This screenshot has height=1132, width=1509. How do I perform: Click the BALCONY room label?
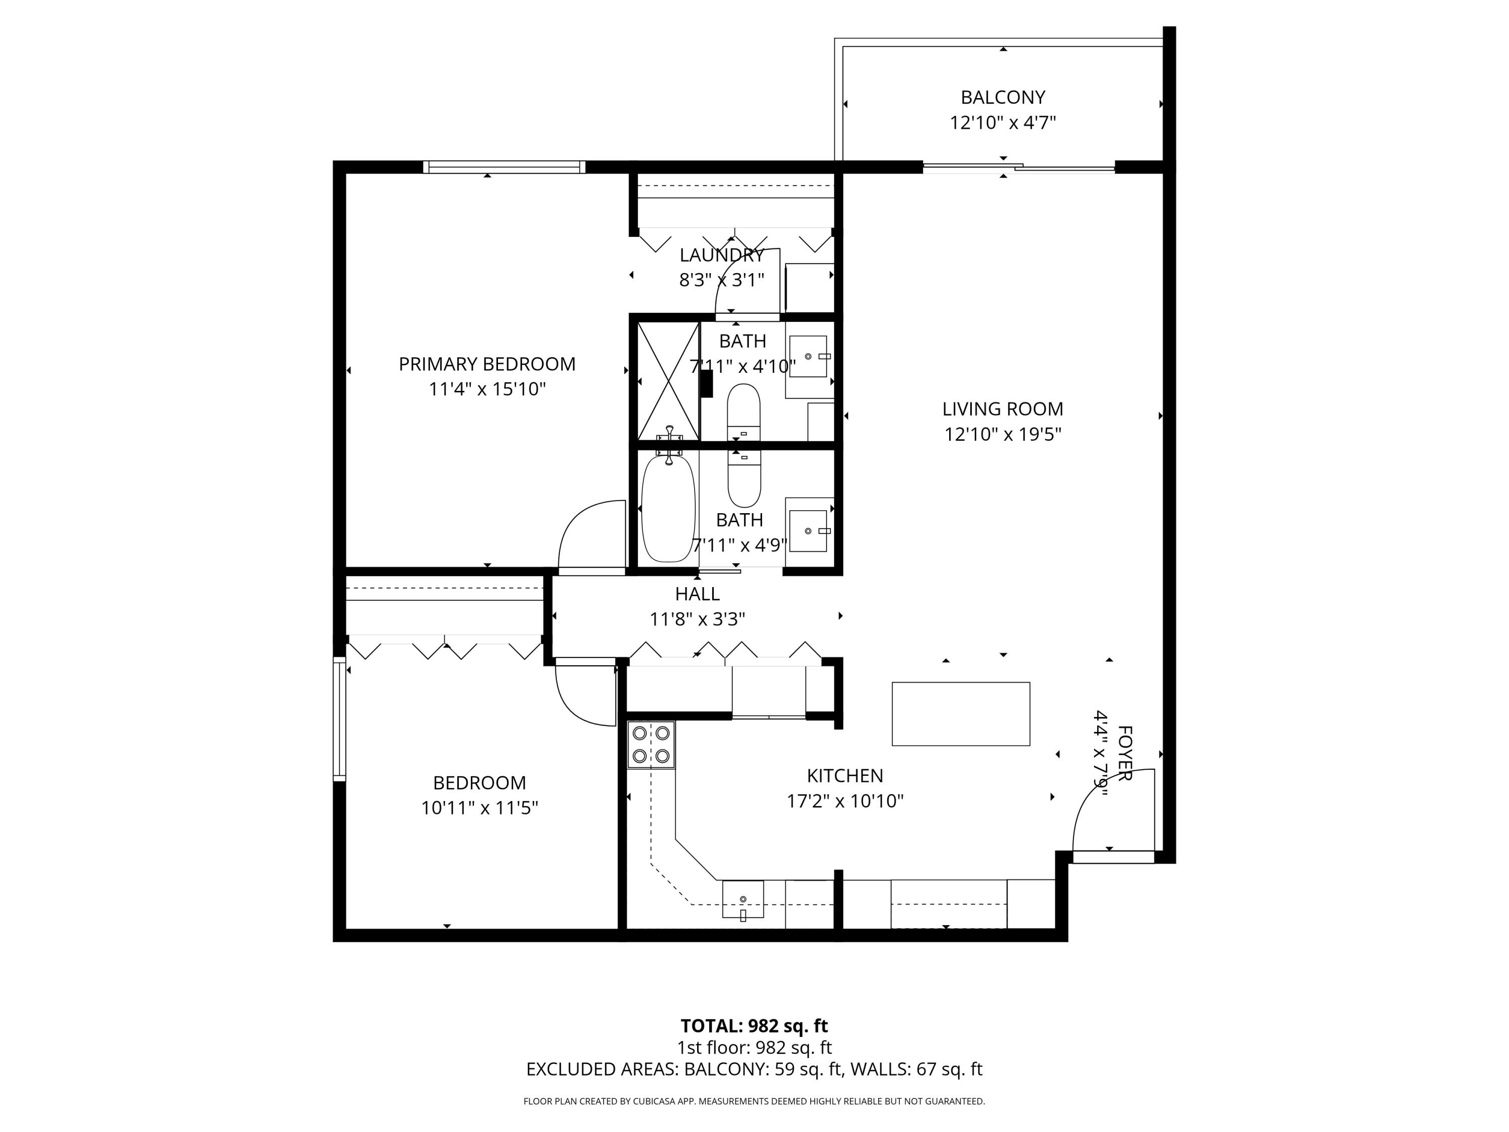pyautogui.click(x=1003, y=98)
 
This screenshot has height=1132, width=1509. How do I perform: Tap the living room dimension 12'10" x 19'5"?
pyautogui.click(x=1003, y=434)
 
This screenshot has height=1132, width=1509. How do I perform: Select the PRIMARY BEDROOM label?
pyautogui.click(x=487, y=364)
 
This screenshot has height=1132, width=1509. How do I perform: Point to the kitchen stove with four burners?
pyautogui.click(x=651, y=745)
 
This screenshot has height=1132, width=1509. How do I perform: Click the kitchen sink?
pyautogui.click(x=743, y=900)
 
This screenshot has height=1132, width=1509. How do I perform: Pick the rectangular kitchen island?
pyautogui.click(x=961, y=714)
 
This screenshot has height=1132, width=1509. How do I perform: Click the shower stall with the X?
pyautogui.click(x=668, y=381)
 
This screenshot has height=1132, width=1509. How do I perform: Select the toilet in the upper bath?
pyautogui.click(x=743, y=414)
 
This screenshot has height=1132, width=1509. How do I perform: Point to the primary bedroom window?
pyautogui.click(x=504, y=167)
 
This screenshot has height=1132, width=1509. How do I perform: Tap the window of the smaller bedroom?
pyautogui.click(x=340, y=718)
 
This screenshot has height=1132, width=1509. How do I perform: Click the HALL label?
pyautogui.click(x=697, y=594)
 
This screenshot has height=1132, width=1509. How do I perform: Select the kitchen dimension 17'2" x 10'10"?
pyautogui.click(x=845, y=801)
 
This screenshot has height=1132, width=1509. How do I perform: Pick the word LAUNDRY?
pyautogui.click(x=722, y=255)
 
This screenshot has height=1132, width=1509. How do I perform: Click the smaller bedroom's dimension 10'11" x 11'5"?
pyautogui.click(x=479, y=808)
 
